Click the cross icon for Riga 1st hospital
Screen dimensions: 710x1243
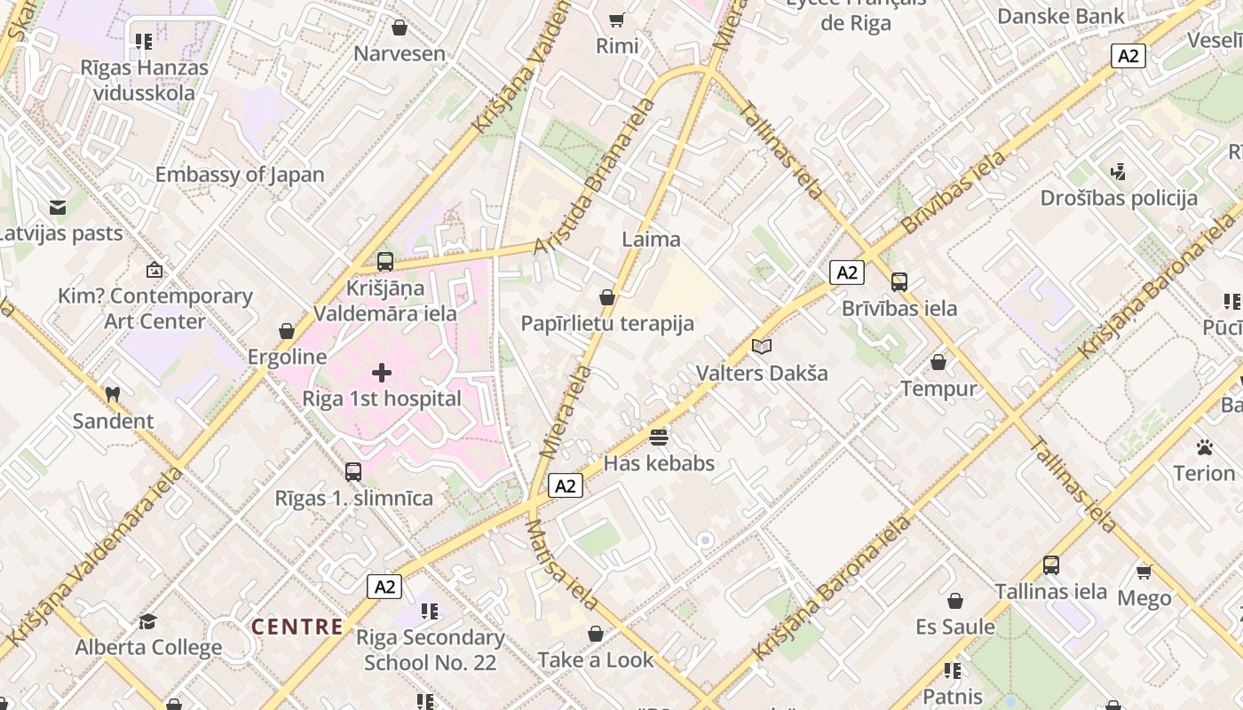382,373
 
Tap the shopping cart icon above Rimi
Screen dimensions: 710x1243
617,20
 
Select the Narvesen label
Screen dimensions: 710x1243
400,53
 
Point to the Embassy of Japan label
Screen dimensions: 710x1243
240,175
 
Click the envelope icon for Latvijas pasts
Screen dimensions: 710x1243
58,208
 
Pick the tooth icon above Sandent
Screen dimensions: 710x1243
113,394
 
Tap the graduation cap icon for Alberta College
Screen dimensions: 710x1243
148,621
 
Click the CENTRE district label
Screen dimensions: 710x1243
297,627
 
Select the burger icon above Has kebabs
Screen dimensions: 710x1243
659,437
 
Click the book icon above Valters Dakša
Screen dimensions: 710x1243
762,346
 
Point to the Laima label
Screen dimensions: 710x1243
652,239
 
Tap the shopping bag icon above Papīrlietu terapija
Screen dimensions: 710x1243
607,297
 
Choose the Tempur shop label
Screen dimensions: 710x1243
938,389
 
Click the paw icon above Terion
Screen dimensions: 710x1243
1205,446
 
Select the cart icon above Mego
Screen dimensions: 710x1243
1144,572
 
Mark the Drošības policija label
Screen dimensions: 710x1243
1119,198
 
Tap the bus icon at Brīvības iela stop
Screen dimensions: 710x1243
899,282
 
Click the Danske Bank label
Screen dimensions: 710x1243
1061,16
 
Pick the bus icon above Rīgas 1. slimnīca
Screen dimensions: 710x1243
353,471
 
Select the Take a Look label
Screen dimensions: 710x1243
596,660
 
